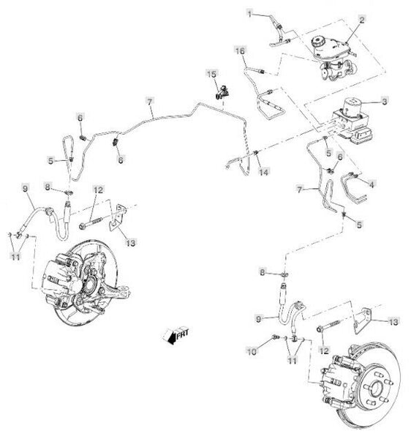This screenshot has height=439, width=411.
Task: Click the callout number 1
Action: click(250, 13)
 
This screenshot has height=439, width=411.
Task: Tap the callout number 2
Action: click(362, 20)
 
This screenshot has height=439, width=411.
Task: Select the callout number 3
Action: click(385, 102)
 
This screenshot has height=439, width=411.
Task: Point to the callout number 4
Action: click(372, 184)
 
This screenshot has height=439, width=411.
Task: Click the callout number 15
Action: click(212, 75)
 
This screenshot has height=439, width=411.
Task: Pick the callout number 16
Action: click(240, 51)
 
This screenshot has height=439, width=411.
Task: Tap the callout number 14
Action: click(263, 172)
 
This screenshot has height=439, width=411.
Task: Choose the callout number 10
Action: click(252, 351)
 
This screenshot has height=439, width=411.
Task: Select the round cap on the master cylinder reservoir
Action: click(317, 42)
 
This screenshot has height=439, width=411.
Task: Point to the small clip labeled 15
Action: click(222, 92)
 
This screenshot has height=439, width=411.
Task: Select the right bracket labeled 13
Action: click(363, 320)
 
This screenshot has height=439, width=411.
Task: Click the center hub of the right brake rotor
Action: click(376, 389)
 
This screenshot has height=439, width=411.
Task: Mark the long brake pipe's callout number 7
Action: click(150, 102)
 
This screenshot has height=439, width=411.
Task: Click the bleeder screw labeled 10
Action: click(275, 337)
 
